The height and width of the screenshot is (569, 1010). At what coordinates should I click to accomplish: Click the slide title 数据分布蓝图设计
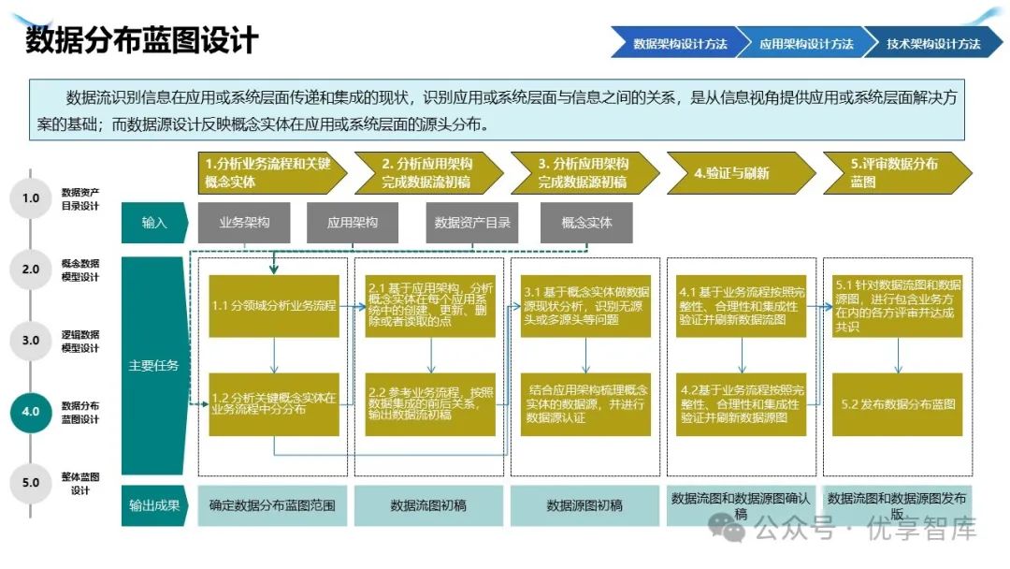[141, 41]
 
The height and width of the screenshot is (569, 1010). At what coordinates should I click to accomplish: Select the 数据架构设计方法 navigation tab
[679, 44]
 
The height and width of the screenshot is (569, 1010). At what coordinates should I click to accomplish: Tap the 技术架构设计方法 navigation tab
[932, 44]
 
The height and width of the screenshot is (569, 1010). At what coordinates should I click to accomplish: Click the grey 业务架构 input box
[244, 223]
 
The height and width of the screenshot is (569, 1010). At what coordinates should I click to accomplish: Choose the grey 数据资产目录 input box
[472, 223]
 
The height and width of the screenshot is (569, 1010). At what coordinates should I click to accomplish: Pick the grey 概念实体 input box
[586, 223]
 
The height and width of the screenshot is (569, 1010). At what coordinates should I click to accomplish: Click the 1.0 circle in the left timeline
[31, 198]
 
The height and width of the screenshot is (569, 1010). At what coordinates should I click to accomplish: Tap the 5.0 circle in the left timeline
[31, 483]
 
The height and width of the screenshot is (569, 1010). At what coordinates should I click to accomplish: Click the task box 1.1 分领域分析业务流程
[273, 306]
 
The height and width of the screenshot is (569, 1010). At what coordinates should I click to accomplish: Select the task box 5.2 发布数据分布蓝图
[898, 404]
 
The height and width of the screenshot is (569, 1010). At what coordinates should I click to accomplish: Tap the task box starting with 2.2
[430, 403]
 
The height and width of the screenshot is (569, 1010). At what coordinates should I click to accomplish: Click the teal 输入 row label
[154, 223]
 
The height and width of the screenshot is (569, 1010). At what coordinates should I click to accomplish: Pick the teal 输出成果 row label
[154, 505]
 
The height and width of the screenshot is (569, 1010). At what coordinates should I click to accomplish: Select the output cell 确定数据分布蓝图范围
[272, 505]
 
